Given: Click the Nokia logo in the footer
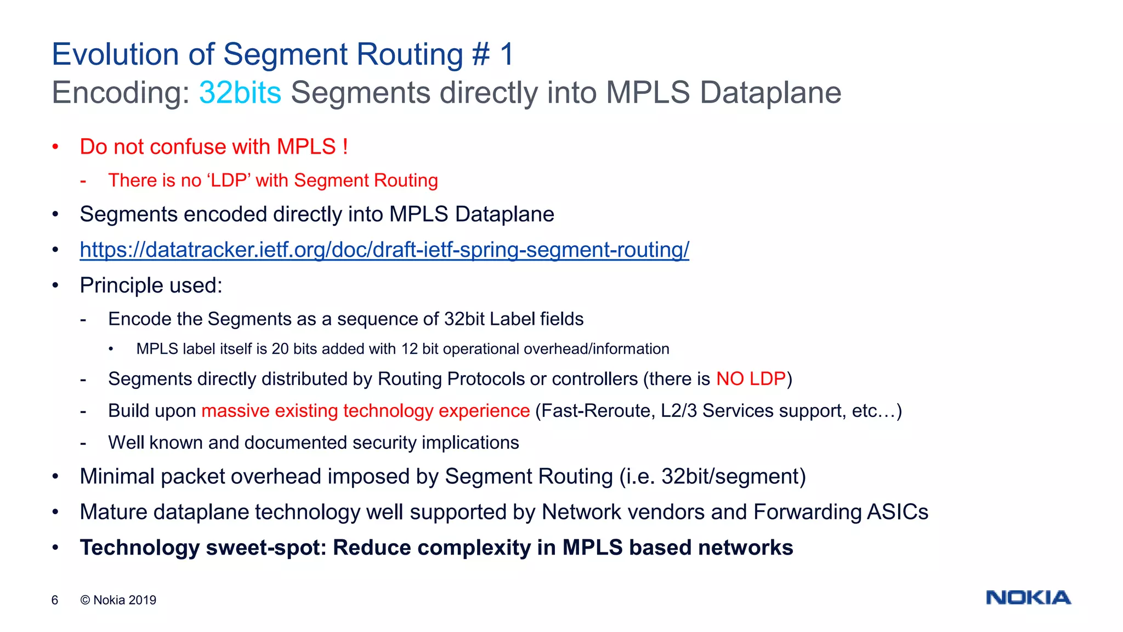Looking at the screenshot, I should [x=1028, y=597].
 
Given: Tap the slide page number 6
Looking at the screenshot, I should [x=55, y=600].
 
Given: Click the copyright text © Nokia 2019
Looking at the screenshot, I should [x=118, y=600].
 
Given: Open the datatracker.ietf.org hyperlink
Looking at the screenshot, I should [x=384, y=250].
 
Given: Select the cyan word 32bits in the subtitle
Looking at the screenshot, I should [x=240, y=92].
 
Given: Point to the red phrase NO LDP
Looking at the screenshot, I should [x=751, y=379].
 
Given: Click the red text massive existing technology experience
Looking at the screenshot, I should [x=365, y=411].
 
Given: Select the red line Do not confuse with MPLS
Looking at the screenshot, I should [x=214, y=147].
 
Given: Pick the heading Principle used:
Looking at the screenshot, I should [x=151, y=285].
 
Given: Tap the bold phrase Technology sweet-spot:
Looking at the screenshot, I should [x=203, y=548].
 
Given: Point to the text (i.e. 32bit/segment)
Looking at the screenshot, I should [x=712, y=476].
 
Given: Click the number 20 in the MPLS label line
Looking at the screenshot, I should [x=280, y=349].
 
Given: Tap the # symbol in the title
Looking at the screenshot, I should [x=480, y=54].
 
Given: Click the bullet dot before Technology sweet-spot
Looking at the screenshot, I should [x=55, y=548].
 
